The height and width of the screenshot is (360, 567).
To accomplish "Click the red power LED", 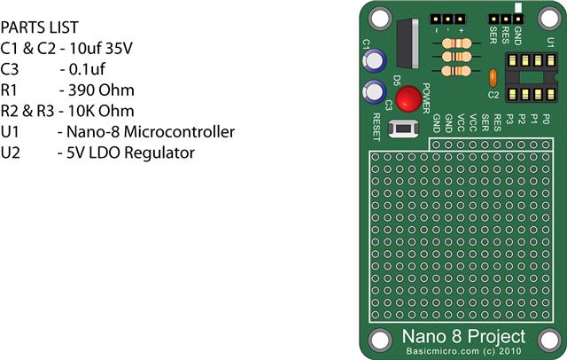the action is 408,98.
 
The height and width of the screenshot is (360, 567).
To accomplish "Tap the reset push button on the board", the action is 403,129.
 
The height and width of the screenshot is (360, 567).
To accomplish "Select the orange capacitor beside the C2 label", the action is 493,78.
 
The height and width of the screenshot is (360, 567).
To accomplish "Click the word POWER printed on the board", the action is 426,98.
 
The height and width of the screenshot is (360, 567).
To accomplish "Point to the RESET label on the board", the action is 376,127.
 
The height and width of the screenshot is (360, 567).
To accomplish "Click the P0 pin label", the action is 546,119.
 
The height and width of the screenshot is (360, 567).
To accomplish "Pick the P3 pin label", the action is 509,119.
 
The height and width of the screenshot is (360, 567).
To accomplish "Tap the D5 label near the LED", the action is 397,81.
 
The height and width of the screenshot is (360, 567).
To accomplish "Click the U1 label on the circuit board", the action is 550,43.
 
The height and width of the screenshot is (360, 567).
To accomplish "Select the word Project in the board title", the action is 494,336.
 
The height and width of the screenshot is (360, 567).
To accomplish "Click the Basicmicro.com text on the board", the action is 442,351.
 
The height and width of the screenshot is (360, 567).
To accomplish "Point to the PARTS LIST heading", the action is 39,27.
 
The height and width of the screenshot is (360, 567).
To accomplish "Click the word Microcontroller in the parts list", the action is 179,132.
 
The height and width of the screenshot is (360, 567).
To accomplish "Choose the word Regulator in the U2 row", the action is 159,153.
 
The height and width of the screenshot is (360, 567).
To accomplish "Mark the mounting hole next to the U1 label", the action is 549,18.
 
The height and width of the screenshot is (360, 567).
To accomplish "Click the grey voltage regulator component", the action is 408,43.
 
